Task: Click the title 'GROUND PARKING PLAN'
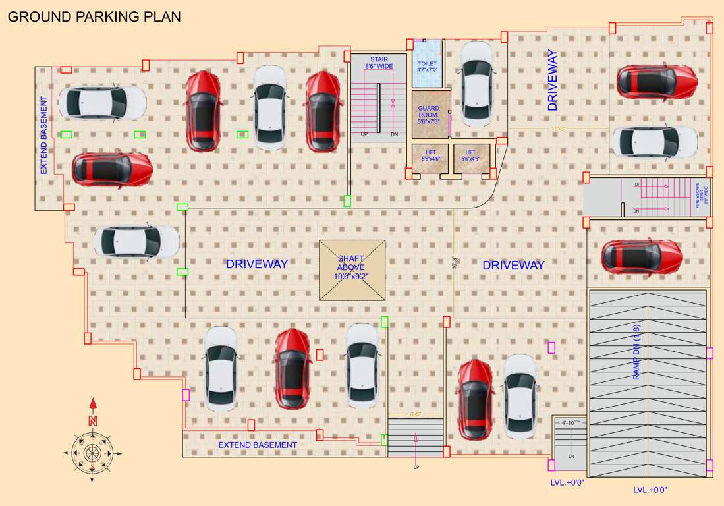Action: pyautogui.click(x=94, y=16)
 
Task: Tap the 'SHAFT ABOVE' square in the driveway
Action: pyautogui.click(x=352, y=270)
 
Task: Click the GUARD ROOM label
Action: pyautogui.click(x=428, y=115)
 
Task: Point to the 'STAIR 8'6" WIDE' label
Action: pyautogui.click(x=379, y=63)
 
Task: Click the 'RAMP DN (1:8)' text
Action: pyautogui.click(x=636, y=352)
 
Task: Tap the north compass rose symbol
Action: pyautogui.click(x=92, y=452)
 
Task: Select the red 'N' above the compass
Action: pyautogui.click(x=93, y=420)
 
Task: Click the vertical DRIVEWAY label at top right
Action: pyautogui.click(x=552, y=80)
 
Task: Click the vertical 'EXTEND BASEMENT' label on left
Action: pyautogui.click(x=44, y=135)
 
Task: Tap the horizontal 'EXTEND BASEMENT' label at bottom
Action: pyautogui.click(x=258, y=445)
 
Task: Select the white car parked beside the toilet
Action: pyautogui.click(x=476, y=84)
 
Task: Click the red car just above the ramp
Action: pyautogui.click(x=641, y=256)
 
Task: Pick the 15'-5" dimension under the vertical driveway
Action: pyautogui.click(x=559, y=128)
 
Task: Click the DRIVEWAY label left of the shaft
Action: pyautogui.click(x=257, y=264)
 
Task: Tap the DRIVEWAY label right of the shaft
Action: pyautogui.click(x=513, y=266)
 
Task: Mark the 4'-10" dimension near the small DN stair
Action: pyautogui.click(x=570, y=422)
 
